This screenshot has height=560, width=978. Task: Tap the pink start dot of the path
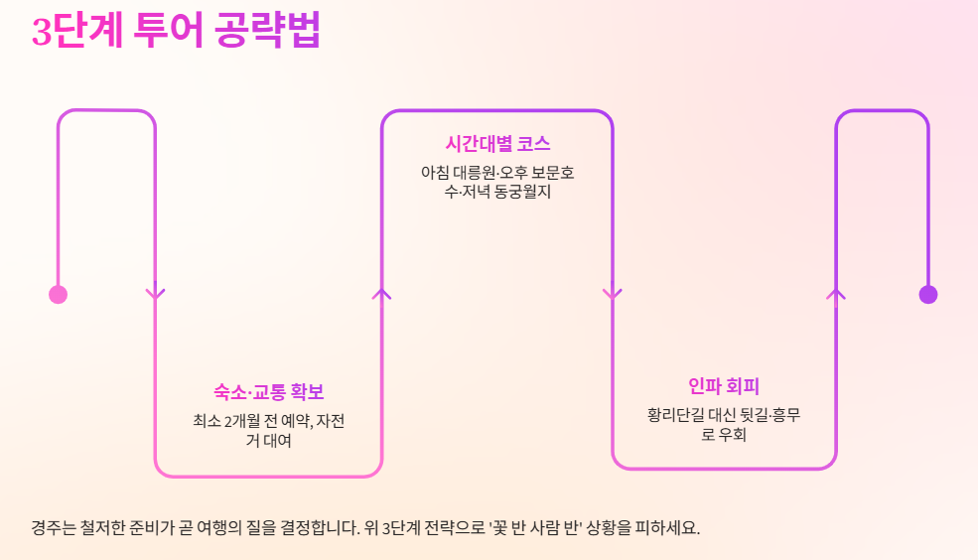tap(58, 294)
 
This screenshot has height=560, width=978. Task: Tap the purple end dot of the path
tap(928, 294)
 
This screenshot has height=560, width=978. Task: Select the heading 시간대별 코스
tap(497, 144)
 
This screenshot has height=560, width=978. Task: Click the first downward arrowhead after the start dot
tap(155, 293)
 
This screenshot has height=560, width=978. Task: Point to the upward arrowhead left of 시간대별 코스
tap(382, 293)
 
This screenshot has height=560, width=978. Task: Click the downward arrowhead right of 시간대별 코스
tap(612, 293)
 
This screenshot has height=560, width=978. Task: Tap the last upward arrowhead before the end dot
tap(836, 293)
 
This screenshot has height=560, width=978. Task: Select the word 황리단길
tap(679, 415)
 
